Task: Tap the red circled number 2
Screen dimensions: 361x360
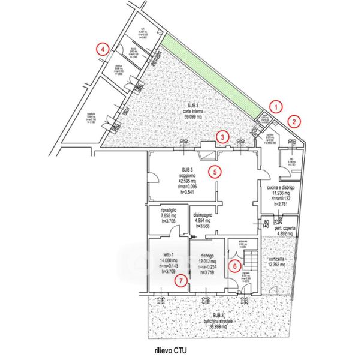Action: [294, 119]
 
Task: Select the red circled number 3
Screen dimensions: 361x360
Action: [222, 137]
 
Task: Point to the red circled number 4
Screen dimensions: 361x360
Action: [104, 48]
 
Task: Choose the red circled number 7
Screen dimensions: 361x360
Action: [179, 280]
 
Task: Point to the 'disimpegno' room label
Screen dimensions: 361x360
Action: [204, 215]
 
